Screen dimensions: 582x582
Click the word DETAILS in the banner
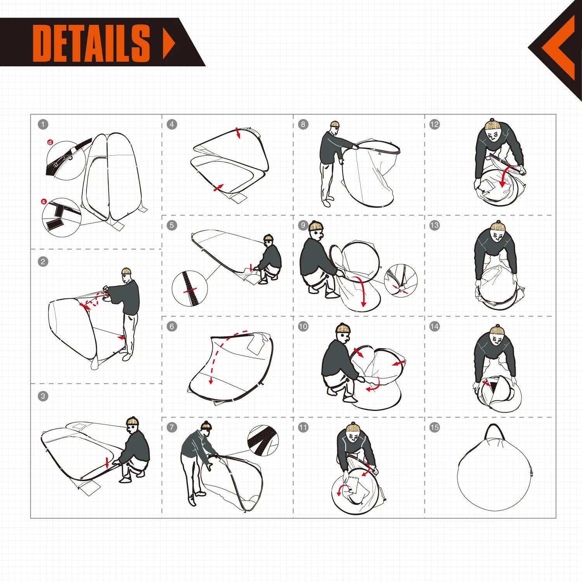[x=91, y=43]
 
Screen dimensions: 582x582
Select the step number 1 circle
[x=43, y=125]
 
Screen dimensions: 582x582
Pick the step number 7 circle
[x=172, y=427]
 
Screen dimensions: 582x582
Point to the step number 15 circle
[x=435, y=427]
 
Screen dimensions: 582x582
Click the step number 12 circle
[x=435, y=125]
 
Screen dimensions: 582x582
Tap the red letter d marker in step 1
[x=50, y=142]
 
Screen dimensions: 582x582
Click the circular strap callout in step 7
[x=263, y=440]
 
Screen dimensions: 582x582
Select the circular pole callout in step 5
[x=190, y=289]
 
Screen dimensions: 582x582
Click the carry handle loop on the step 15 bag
[x=494, y=431]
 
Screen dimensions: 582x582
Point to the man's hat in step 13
[x=497, y=226]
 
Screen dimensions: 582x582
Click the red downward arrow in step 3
[x=107, y=462]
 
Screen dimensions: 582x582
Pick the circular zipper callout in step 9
[x=401, y=280]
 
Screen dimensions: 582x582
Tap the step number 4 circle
[x=172, y=125]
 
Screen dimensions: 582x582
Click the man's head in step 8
[x=335, y=126]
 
